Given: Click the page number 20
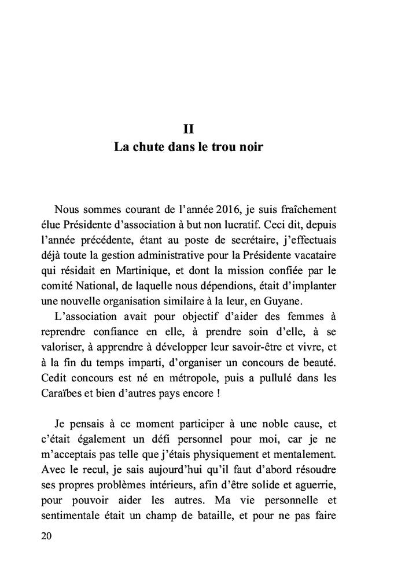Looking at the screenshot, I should [47, 536].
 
